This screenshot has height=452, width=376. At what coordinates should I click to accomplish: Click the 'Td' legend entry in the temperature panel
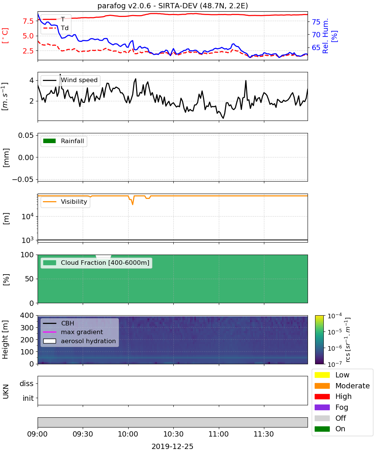click(x=56, y=28)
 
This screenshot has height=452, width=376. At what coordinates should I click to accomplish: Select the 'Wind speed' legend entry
click(x=70, y=80)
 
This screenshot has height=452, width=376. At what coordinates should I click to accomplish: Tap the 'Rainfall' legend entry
click(x=64, y=141)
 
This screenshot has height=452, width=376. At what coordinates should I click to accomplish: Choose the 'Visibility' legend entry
click(x=65, y=202)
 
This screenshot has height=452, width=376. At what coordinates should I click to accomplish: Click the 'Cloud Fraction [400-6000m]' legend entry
click(x=96, y=263)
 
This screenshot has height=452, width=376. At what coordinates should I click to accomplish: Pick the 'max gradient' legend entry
click(x=73, y=332)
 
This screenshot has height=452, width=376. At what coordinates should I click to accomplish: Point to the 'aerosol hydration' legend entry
click(x=79, y=341)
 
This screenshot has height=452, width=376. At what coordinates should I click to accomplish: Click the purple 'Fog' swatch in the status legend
click(x=322, y=407)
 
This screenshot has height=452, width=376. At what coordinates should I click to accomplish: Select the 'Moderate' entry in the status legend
click(x=342, y=386)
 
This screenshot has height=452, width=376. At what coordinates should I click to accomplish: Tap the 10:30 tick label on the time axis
click(x=173, y=434)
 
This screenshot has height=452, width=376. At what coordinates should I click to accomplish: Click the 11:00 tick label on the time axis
click(x=218, y=434)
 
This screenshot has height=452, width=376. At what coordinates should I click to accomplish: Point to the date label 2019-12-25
click(x=173, y=446)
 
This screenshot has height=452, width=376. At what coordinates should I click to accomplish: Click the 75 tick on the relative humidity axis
click(x=316, y=22)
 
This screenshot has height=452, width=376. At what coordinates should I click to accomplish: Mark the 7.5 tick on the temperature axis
click(x=28, y=21)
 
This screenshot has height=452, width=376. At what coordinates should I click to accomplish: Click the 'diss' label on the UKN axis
click(x=26, y=383)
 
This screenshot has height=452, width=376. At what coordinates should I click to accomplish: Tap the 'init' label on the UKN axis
click(x=28, y=398)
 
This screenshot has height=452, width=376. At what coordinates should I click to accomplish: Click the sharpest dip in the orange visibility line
click(x=132, y=204)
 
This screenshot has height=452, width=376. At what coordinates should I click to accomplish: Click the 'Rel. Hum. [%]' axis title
click(x=330, y=36)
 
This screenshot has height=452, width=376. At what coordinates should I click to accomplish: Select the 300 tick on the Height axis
click(x=27, y=328)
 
